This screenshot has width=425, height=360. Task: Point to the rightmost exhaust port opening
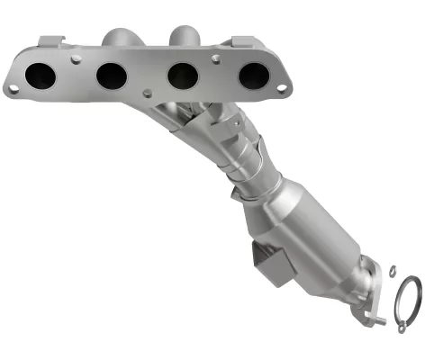[x=253, y=75]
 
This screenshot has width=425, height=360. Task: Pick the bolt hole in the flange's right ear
[x=283, y=87]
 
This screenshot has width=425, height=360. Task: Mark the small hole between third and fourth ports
[x=218, y=60]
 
